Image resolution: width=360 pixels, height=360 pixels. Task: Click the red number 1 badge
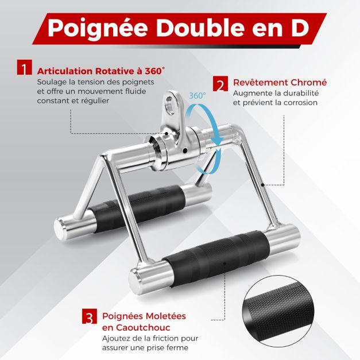tap(24, 67)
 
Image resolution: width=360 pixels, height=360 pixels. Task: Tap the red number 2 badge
tap(220, 84)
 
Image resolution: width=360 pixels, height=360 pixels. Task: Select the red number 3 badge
tap(90, 316)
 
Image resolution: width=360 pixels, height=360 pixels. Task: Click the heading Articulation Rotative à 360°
tap(101, 71)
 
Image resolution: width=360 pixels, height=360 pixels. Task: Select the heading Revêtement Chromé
tap(280, 82)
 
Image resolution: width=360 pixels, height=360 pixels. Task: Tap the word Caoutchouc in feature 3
tap(136, 328)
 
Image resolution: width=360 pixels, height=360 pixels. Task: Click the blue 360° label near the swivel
tap(197, 95)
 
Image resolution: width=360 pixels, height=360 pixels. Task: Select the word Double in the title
tap(200, 29)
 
